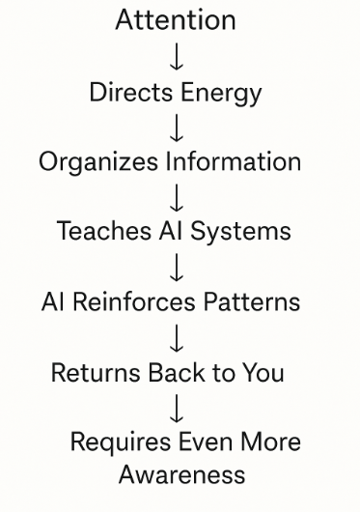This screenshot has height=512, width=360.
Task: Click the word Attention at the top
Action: coord(175,19)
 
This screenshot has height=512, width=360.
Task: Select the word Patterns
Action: coord(251,301)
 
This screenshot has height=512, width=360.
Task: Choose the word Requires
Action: coord(119,442)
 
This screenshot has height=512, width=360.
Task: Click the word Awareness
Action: coord(181,475)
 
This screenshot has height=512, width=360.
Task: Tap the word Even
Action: coord(207,442)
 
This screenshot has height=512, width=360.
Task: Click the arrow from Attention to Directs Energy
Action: coord(176,55)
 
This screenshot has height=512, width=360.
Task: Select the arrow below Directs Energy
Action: coord(176,126)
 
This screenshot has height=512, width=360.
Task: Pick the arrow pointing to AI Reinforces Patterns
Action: coord(176,266)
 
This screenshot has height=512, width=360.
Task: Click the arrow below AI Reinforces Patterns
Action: coord(176,336)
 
